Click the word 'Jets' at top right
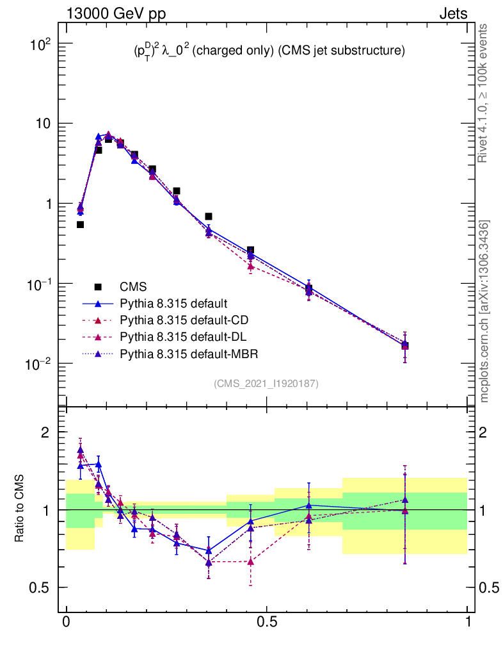[452, 13]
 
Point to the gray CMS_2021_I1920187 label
[266, 383]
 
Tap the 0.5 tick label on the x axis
[266, 622]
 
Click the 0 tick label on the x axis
[66, 622]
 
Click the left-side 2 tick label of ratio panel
[45, 432]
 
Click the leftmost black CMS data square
[80, 224]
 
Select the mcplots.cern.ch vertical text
[484, 311]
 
